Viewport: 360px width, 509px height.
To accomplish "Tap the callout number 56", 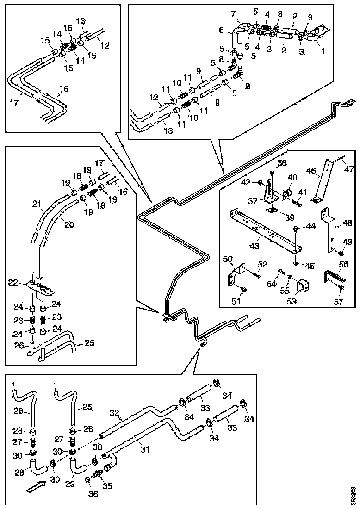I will click(343, 264).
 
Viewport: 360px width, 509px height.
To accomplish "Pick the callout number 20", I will click(69, 224).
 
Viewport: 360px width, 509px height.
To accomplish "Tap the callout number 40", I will click(292, 177).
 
